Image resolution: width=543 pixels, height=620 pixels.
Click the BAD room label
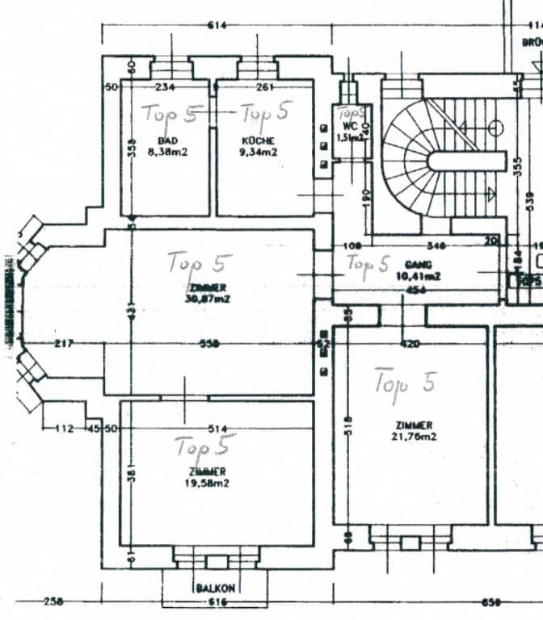tap(167, 140)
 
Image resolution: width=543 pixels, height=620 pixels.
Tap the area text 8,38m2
tap(167, 151)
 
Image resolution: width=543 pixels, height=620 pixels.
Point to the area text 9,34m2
tap(259, 151)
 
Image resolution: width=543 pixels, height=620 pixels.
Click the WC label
tap(349, 127)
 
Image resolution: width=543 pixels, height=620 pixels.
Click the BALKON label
tap(215, 589)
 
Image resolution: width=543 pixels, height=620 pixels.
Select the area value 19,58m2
tap(206, 483)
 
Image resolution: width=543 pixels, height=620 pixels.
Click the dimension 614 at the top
tap(217, 26)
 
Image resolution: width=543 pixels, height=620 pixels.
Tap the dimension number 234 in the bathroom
tap(166, 87)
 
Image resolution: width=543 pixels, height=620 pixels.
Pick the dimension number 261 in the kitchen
tap(265, 87)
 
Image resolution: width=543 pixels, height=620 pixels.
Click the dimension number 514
tap(216, 429)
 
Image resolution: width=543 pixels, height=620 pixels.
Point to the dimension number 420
tap(410, 344)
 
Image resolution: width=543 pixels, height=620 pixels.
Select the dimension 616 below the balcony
tap(214, 602)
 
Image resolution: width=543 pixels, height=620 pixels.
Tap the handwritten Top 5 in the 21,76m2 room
tap(403, 382)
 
